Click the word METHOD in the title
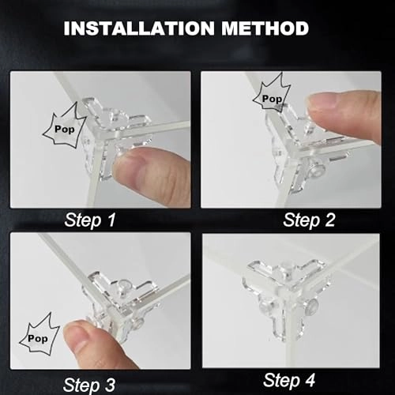click(264, 30)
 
